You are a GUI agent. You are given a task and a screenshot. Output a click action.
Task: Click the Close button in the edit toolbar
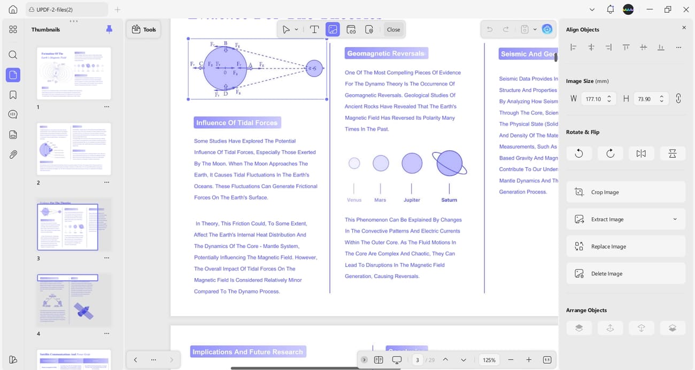coord(393,29)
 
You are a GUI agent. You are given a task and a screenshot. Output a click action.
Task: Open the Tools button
coord(144,29)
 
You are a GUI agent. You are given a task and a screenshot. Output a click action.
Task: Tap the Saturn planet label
coord(449,200)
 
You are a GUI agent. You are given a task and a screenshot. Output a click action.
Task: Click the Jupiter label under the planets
coord(412,200)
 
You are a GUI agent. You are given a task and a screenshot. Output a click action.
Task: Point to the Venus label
coord(354,200)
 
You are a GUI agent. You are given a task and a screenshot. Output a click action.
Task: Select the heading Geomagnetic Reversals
coord(386,53)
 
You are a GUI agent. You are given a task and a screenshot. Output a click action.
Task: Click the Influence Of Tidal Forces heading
coord(237,123)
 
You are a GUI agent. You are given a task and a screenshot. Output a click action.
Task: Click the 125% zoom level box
coord(489,360)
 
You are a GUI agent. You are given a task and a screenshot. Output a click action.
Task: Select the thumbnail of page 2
coord(74,149)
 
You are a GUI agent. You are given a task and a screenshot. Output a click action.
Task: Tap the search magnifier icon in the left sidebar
coord(13,55)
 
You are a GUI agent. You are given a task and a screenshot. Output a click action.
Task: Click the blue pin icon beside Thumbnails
coord(109,29)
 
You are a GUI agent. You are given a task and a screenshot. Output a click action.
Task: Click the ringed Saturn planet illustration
coord(449,163)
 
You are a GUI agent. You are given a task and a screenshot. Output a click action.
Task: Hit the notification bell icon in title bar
coord(610,10)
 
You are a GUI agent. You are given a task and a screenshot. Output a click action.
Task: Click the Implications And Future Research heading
coord(248,352)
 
